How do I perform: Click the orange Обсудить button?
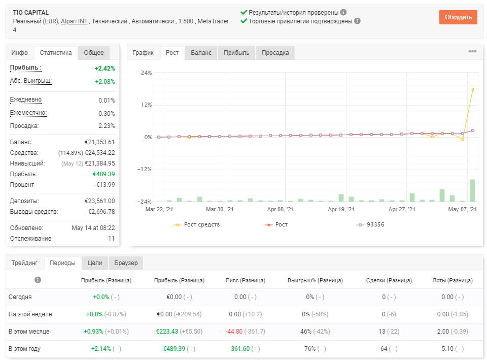click(x=458, y=17)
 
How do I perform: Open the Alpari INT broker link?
click(x=74, y=21)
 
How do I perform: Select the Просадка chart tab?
click(x=275, y=52)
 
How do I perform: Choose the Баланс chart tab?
click(x=201, y=52)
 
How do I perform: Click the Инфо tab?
click(x=20, y=52)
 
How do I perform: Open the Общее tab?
click(x=94, y=52)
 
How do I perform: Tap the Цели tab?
click(x=95, y=263)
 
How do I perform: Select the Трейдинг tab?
click(x=24, y=263)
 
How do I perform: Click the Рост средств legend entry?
click(x=197, y=224)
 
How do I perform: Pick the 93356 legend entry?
click(x=370, y=224)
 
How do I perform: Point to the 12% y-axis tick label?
click(x=146, y=105)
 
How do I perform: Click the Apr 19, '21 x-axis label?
click(x=341, y=209)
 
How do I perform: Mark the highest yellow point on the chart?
click(x=473, y=89)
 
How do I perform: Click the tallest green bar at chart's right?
click(x=472, y=190)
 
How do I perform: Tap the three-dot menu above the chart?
click(x=472, y=51)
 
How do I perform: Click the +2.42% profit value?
click(x=105, y=69)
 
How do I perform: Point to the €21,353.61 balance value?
click(x=100, y=142)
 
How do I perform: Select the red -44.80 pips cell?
click(x=234, y=332)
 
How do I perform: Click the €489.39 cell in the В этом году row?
click(x=174, y=349)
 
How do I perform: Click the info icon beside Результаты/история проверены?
click(x=343, y=12)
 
